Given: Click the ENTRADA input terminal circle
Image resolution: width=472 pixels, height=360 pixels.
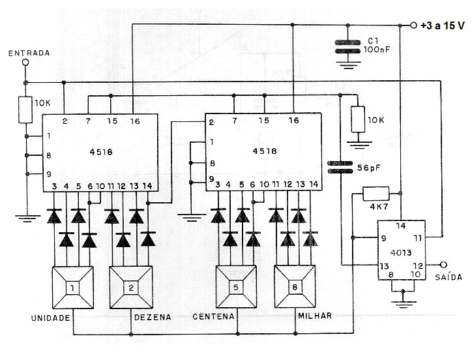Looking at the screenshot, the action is [x=25, y=63].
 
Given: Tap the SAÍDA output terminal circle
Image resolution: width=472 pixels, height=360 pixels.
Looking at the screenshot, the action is [x=443, y=265].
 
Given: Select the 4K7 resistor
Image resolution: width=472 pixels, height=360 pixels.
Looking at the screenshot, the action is [x=376, y=194].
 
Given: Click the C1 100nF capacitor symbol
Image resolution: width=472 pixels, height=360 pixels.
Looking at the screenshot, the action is [x=347, y=47].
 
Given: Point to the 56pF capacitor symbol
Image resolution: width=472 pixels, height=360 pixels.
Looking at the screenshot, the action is [x=340, y=167].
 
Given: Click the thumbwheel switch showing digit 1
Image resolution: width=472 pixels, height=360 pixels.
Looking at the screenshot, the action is [x=72, y=288].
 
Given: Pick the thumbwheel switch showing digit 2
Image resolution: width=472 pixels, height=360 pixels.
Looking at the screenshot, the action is [x=131, y=288].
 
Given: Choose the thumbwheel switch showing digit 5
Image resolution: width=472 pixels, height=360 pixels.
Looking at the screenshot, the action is [x=236, y=287].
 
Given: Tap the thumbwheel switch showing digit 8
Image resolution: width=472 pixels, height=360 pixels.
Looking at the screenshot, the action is [x=295, y=286].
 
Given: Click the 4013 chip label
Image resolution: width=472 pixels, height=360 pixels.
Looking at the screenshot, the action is [x=401, y=252].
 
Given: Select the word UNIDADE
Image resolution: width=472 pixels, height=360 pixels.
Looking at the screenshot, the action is [x=51, y=318].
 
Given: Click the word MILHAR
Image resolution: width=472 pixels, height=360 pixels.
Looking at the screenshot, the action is [x=315, y=316].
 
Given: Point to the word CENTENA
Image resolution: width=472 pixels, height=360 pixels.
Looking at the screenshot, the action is [x=213, y=316].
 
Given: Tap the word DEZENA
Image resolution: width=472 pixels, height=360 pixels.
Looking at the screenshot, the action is [x=153, y=317].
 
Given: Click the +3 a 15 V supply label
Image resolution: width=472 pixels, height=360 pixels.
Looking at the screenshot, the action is [x=442, y=25].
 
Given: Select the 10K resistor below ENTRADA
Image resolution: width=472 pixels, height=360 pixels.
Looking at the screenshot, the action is [x=25, y=110].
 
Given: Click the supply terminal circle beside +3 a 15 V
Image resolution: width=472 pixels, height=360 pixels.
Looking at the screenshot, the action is [x=413, y=25].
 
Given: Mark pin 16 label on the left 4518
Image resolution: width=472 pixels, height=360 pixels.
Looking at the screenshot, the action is [x=135, y=121].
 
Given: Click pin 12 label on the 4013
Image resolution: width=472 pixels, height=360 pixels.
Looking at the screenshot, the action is [x=418, y=265].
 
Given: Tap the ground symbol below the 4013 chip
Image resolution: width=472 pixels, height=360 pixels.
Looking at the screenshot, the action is [x=403, y=303].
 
